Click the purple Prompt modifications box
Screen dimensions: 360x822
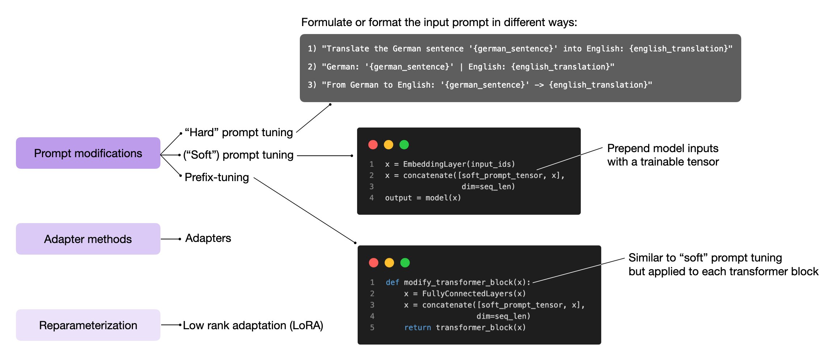88,153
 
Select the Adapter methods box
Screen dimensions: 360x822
88,239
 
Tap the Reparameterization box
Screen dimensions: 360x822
88,325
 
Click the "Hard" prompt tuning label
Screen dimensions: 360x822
239,132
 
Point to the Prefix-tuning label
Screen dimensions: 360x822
217,177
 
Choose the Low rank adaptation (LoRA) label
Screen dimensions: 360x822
253,325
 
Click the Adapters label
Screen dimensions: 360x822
208,238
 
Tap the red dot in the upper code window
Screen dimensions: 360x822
373,145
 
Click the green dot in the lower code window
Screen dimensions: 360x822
405,263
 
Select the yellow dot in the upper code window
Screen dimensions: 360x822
389,145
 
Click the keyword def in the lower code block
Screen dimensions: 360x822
392,282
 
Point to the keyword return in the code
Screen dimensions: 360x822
418,327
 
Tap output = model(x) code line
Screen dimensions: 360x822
423,198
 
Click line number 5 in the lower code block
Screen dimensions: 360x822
372,327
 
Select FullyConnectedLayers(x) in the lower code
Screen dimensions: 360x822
474,293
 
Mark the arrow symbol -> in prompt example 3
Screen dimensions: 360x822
539,85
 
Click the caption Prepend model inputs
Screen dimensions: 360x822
662,148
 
